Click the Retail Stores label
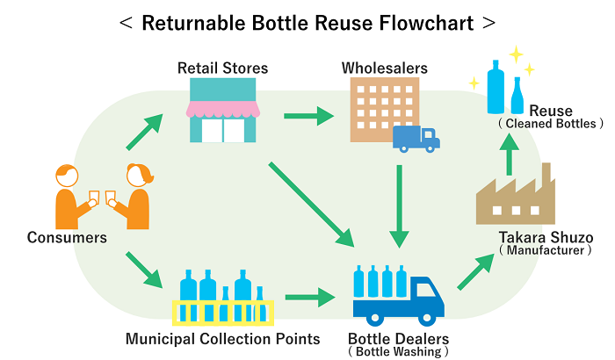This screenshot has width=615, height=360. tap(222, 68)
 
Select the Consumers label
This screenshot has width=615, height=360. tap(68, 237)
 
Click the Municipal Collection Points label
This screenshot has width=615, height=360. tap(222, 338)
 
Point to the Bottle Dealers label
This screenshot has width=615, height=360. tap(398, 338)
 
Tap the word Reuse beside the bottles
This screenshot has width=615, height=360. tap(551, 111)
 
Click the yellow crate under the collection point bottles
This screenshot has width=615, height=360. tap(222, 310)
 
